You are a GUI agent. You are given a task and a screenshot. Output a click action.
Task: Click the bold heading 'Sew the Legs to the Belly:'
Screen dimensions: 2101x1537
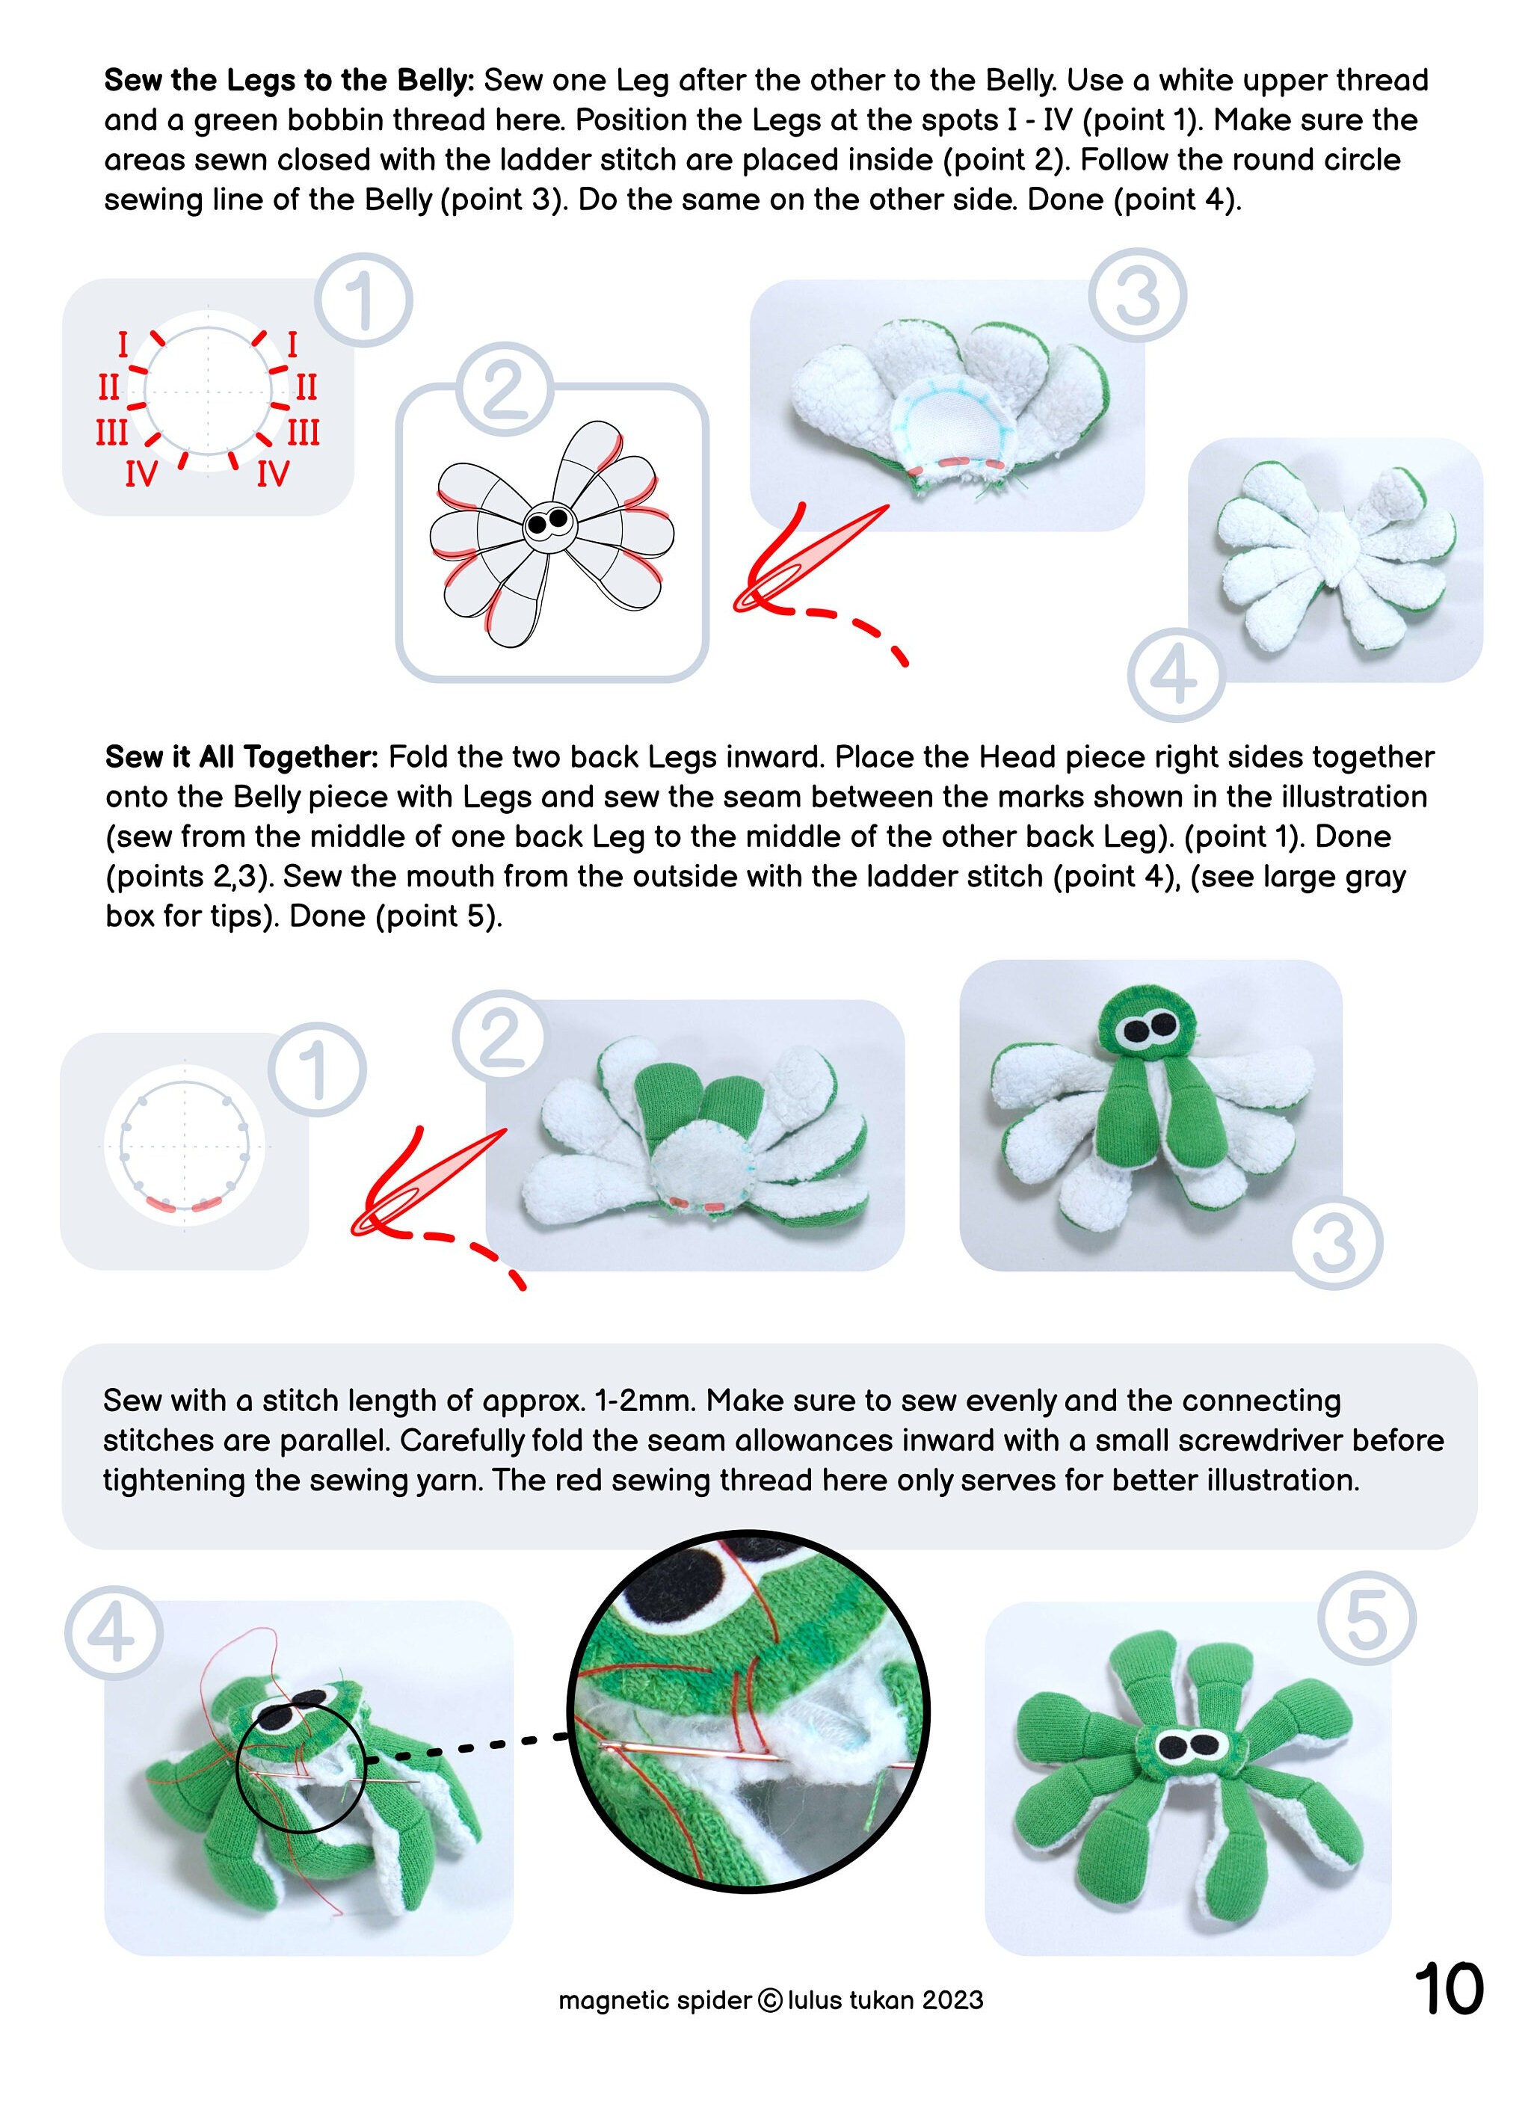pos(289,81)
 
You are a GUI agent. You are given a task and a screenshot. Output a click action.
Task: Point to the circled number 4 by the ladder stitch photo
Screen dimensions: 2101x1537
pos(114,1633)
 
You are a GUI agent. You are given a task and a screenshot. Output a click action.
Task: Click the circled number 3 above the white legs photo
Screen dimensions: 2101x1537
pos(1137,296)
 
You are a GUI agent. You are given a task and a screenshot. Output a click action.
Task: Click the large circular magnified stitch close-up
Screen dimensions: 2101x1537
pos(749,1712)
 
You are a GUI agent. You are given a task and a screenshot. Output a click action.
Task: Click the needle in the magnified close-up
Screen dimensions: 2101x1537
pos(745,1756)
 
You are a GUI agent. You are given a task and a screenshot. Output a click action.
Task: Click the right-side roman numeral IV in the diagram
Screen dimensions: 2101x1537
pos(273,475)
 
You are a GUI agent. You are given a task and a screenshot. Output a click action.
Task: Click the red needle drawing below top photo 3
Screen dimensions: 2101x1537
pos(800,563)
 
